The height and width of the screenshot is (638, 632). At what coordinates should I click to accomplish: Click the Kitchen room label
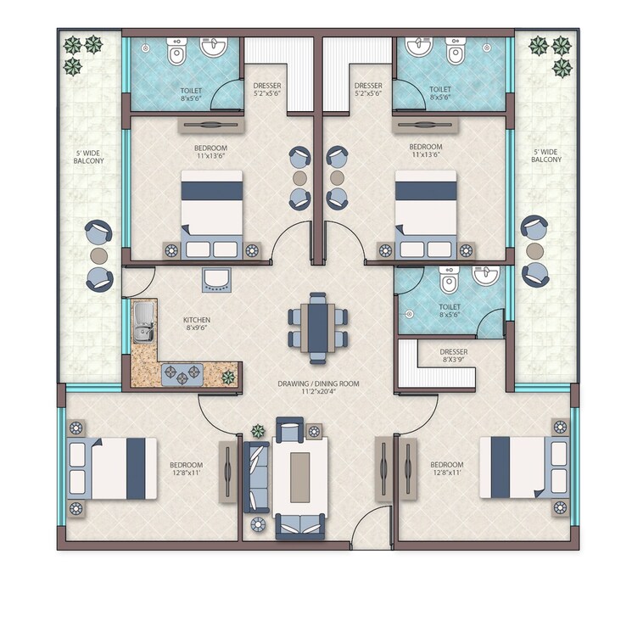197,325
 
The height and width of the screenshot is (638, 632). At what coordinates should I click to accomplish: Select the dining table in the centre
317,327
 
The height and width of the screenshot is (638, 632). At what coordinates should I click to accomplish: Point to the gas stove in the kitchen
182,372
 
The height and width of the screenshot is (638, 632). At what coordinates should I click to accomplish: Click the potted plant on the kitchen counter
227,377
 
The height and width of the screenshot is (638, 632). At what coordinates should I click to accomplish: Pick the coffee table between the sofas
300,477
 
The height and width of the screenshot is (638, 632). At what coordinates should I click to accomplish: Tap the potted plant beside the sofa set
258,431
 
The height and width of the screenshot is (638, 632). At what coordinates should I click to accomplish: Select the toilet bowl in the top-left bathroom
176,53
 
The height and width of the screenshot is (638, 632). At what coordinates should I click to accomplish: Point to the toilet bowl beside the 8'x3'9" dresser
450,279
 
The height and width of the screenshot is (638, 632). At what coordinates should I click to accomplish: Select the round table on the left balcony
99,255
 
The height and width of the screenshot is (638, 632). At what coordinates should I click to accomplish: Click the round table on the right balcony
534,251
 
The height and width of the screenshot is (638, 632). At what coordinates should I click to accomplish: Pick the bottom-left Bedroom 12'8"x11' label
185,469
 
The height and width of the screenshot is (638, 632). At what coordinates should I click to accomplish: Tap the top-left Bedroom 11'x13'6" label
210,151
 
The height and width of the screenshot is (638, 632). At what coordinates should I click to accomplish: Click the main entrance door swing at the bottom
370,528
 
